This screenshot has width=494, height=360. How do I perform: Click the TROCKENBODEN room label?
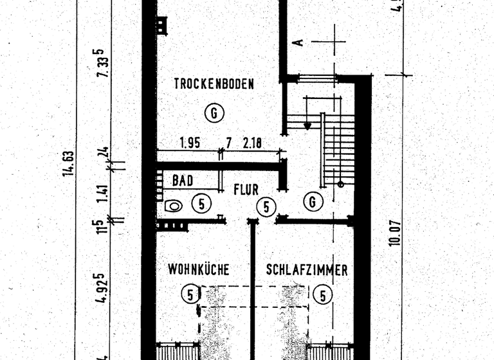[214, 84]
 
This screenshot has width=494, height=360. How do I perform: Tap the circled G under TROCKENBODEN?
[214, 114]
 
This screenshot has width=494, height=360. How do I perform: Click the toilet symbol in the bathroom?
[173, 206]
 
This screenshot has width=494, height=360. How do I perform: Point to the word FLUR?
[246, 190]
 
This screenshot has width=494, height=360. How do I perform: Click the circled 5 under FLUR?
[266, 207]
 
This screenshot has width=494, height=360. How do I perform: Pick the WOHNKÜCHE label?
[199, 269]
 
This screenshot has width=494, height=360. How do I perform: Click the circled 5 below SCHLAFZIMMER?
[322, 295]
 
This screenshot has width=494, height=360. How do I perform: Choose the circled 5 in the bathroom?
[201, 204]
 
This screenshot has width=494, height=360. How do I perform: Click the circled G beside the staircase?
[313, 202]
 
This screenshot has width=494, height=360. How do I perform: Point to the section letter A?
[297, 42]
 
